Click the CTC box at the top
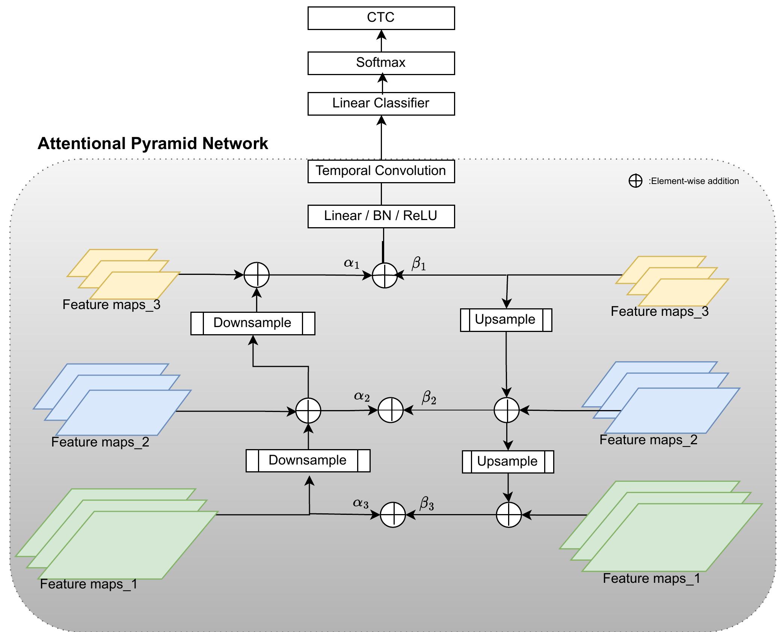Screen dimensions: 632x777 [x=381, y=18]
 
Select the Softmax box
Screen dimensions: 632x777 [x=381, y=63]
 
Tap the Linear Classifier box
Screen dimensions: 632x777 [x=381, y=104]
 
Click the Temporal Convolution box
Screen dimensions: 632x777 [x=381, y=171]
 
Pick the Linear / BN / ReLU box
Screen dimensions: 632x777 [x=381, y=216]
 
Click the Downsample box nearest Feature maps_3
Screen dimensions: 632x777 [x=252, y=323]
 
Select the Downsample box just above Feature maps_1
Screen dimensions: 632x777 [x=308, y=461]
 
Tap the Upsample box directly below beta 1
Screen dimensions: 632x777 [x=506, y=320]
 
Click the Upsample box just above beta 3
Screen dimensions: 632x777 [x=507, y=462]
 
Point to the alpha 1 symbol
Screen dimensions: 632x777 [x=352, y=264]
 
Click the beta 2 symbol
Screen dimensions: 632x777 [x=429, y=397]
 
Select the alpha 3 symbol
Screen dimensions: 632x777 [x=361, y=503]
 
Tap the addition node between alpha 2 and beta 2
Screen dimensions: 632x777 [x=391, y=410]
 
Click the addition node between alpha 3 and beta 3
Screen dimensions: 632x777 [x=393, y=514]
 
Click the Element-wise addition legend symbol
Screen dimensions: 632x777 [x=635, y=181]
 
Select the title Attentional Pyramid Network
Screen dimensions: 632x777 [x=152, y=144]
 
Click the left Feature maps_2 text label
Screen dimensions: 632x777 [x=100, y=442]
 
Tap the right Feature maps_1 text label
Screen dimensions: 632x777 [x=652, y=578]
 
